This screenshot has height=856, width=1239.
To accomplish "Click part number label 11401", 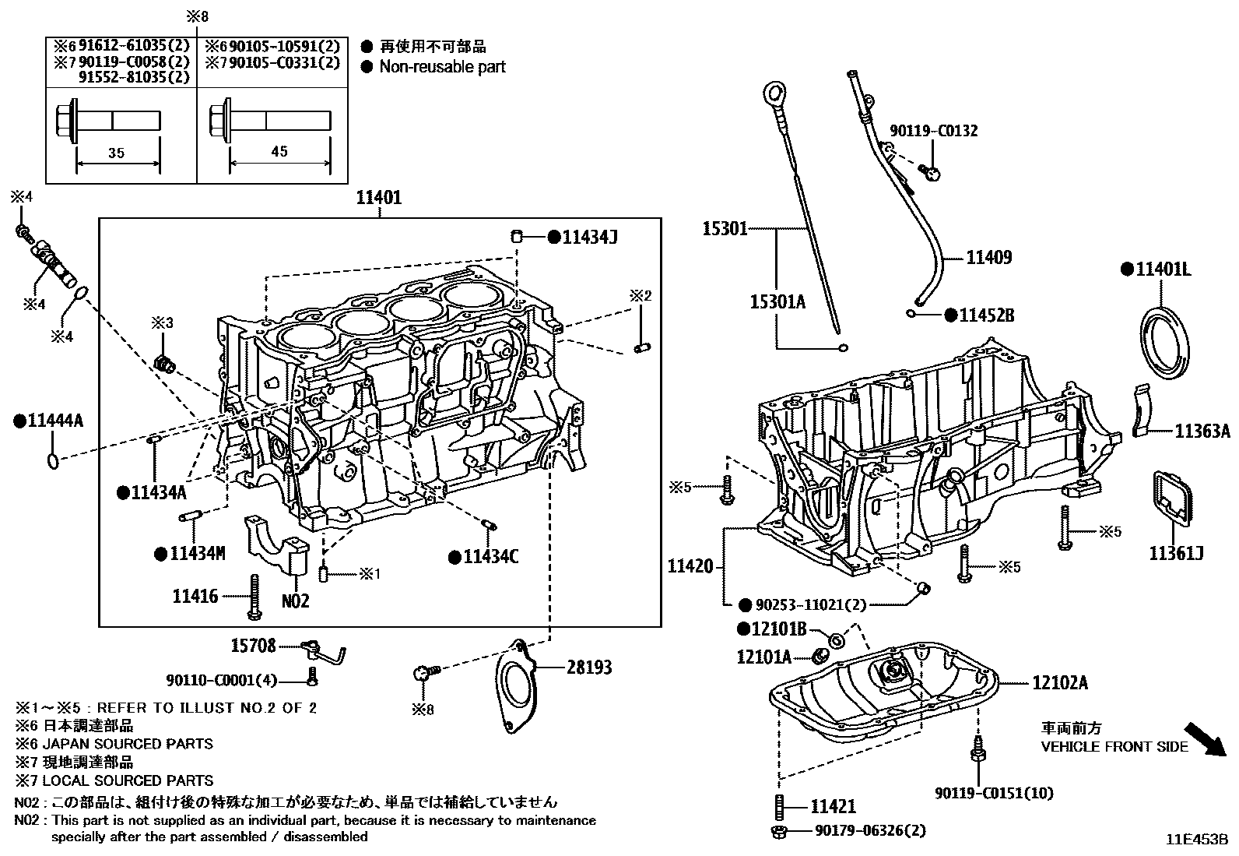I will coord(379,198).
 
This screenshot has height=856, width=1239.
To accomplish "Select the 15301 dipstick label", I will coord(725,229).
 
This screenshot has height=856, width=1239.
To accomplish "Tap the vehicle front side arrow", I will coord(1204,739).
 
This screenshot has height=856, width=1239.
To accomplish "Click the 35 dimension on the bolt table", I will coord(116,153).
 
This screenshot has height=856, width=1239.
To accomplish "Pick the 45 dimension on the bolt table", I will coord(279,152).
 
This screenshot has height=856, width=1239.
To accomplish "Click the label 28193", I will coord(589,668).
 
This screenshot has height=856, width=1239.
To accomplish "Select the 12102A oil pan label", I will coord(1059,683).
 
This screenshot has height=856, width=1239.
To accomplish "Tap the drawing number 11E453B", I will coord(1196,840).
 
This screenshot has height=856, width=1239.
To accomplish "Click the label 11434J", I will coord(589,237).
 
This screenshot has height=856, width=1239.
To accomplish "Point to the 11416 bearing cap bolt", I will coord(255,598).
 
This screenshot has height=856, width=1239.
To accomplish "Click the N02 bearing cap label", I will coord(295,601).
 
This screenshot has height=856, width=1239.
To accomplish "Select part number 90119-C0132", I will coord(934,131).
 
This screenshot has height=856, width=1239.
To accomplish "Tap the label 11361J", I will coord(1176,553).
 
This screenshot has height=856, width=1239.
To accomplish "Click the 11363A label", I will coord(1202,431).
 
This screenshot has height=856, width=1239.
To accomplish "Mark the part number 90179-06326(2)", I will coord(870,831).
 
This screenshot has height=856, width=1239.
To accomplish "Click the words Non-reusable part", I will coord(442,67).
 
